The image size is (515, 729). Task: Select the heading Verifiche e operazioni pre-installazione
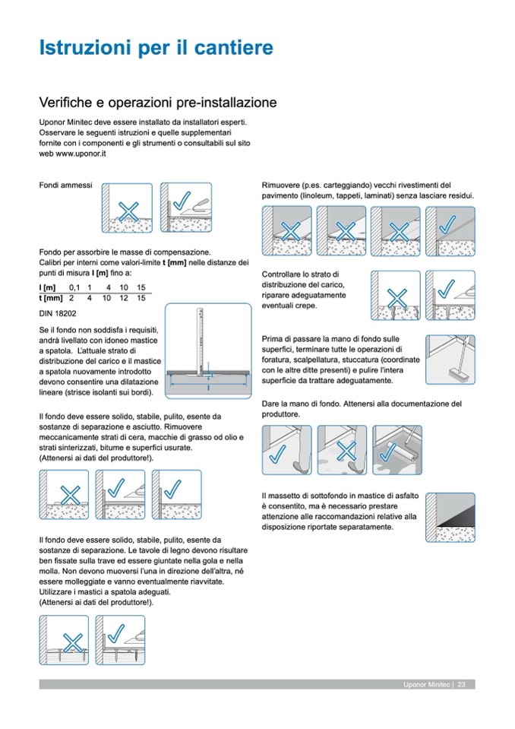pyautogui.click(x=157, y=100)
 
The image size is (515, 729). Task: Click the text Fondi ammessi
pyautogui.click(x=65, y=185)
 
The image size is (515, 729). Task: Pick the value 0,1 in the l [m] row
pyautogui.click(x=74, y=286)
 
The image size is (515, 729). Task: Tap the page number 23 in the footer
pyautogui.click(x=462, y=686)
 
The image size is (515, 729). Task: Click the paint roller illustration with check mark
pyautogui.click(x=401, y=450)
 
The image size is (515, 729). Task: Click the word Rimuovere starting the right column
pyautogui.click(x=280, y=185)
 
